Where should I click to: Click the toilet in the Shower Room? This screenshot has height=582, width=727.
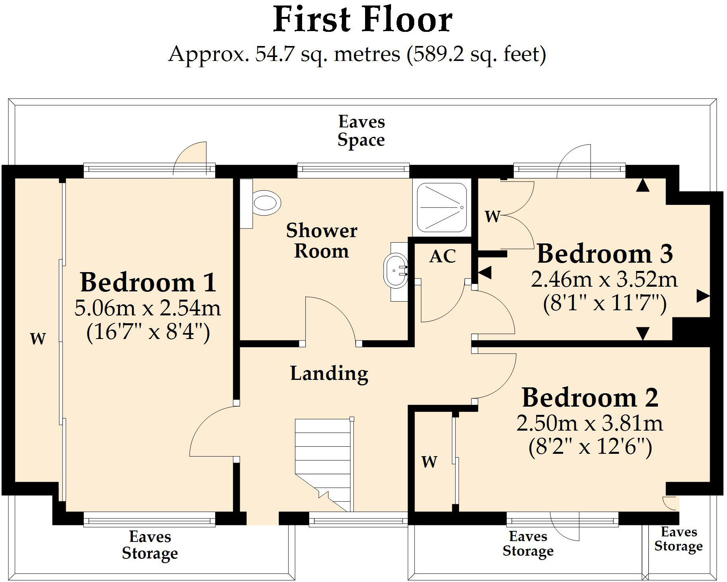tap(265, 203)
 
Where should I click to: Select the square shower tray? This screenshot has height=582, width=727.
tap(442, 207)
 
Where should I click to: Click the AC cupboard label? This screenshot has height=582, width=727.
tap(443, 256)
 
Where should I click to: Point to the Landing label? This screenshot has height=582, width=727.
tap(329, 374)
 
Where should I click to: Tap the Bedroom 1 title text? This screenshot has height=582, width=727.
tap(148, 282)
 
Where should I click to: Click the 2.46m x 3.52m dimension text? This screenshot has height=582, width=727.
tap(604, 280)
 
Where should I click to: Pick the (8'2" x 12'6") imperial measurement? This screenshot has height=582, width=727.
tap(590, 447)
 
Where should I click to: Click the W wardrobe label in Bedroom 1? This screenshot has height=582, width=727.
tap(38, 339)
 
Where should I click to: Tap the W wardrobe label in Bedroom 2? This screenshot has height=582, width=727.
tap(429, 462)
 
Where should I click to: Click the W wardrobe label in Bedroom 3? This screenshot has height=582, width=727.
tap(493, 216)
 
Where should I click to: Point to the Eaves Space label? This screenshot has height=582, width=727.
tap(361, 131)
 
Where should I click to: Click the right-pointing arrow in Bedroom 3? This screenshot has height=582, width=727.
tap(703, 296)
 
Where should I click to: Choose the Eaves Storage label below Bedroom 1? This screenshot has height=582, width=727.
tap(150, 545)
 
